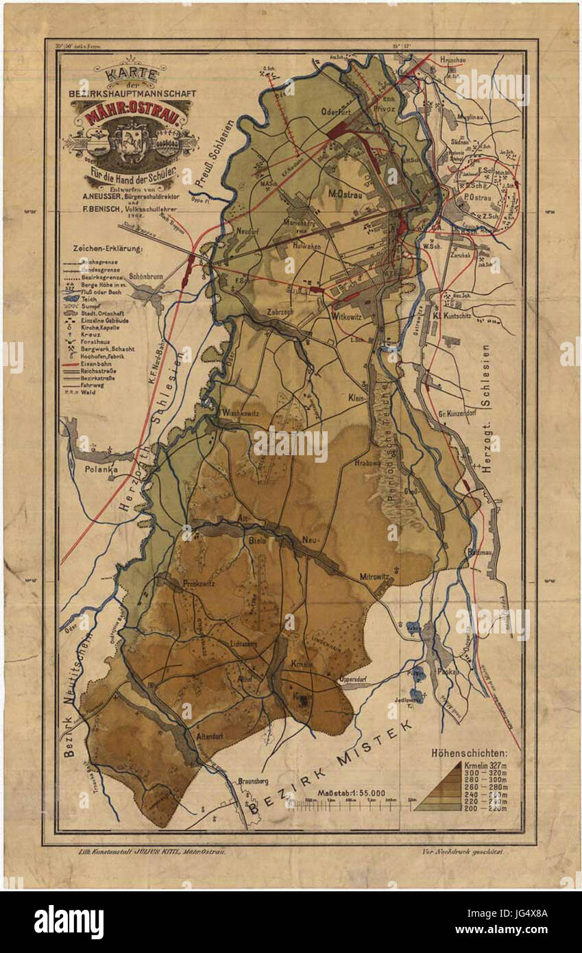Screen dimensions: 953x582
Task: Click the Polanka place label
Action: tap(101, 470)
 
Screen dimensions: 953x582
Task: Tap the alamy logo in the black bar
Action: tap(69, 922)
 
